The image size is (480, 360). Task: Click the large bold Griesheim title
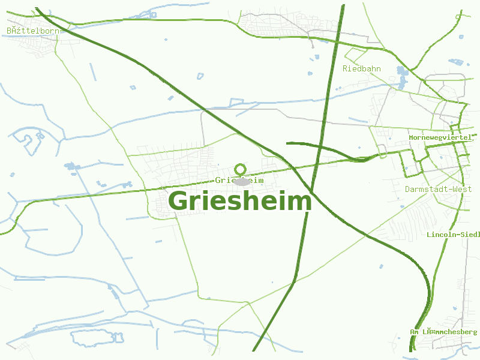240,201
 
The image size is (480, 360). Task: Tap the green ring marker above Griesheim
241,169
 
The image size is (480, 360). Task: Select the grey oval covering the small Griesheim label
241,181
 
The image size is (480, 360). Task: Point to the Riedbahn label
361,68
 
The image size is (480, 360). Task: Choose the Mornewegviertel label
441,137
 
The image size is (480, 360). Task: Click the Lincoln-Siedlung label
453,234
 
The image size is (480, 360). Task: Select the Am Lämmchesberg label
443,332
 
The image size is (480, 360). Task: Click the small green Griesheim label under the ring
239,180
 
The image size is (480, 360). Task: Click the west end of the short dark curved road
288,143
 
